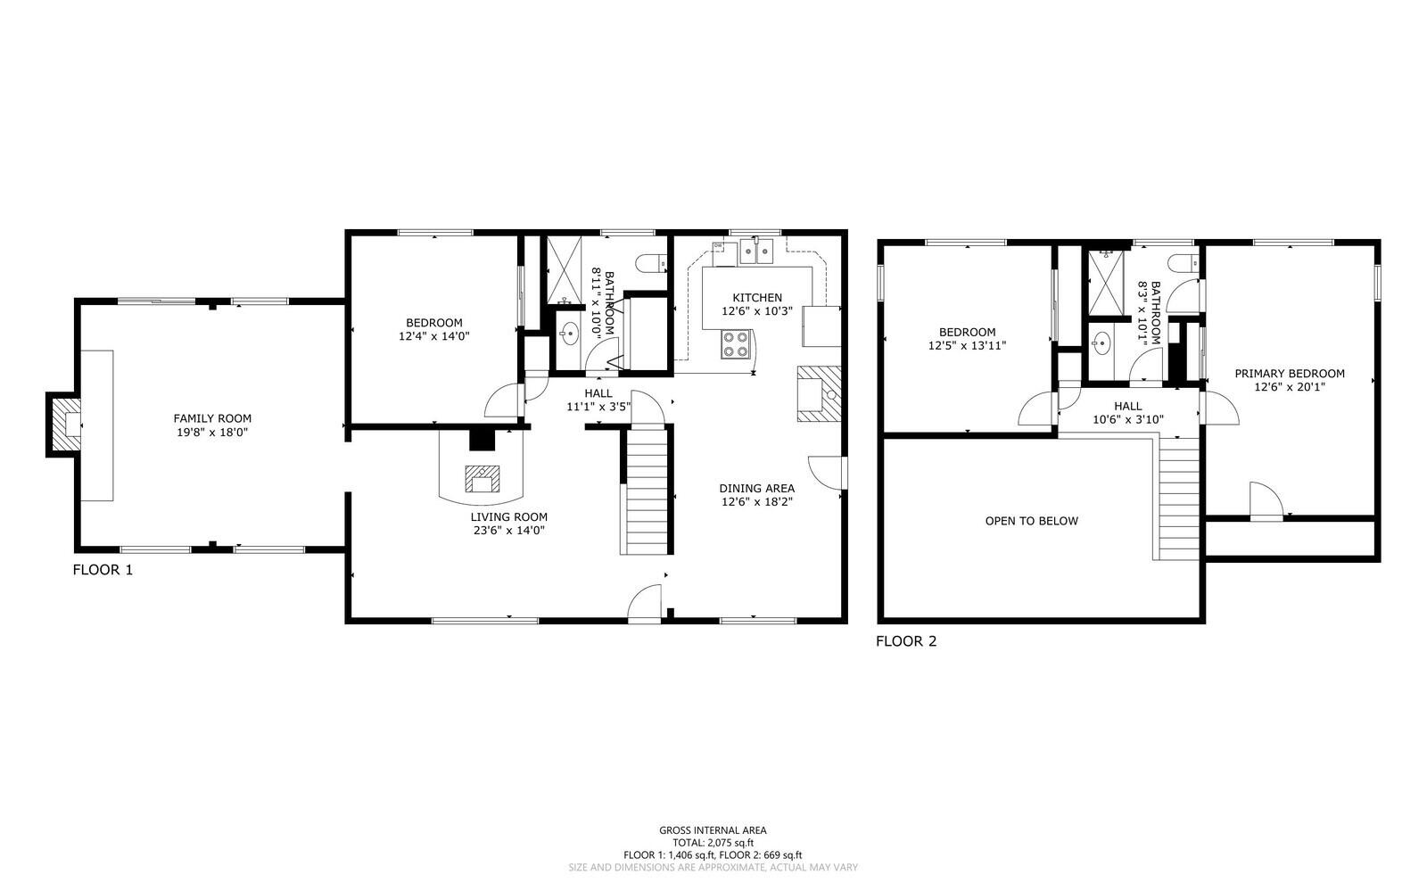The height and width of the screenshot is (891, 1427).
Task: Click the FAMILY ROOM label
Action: click(x=212, y=418)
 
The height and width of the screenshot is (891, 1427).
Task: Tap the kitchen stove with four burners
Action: click(x=735, y=344)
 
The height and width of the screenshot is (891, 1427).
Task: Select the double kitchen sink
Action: click(x=756, y=251)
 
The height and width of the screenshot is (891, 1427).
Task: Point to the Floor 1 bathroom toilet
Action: click(x=652, y=263)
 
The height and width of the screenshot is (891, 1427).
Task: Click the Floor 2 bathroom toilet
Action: click(x=1185, y=263)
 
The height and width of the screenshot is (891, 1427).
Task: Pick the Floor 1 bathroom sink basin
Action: click(x=569, y=333)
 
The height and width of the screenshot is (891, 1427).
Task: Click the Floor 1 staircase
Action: click(x=646, y=491)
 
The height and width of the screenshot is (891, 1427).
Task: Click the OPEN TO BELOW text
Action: click(x=1031, y=521)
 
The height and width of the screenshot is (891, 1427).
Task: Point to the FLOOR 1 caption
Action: click(x=103, y=570)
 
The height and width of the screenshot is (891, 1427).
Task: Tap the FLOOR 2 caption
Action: click(x=906, y=641)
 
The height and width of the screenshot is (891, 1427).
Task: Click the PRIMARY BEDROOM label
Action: click(x=1290, y=374)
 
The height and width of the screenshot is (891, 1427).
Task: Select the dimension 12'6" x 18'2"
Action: click(x=757, y=502)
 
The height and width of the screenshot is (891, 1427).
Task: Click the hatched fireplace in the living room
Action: click(x=483, y=479)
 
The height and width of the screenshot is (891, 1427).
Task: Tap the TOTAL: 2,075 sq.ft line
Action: click(x=713, y=843)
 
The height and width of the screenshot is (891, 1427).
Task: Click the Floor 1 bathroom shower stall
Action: click(x=565, y=270)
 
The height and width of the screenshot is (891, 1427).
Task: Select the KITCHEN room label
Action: click(x=757, y=297)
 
